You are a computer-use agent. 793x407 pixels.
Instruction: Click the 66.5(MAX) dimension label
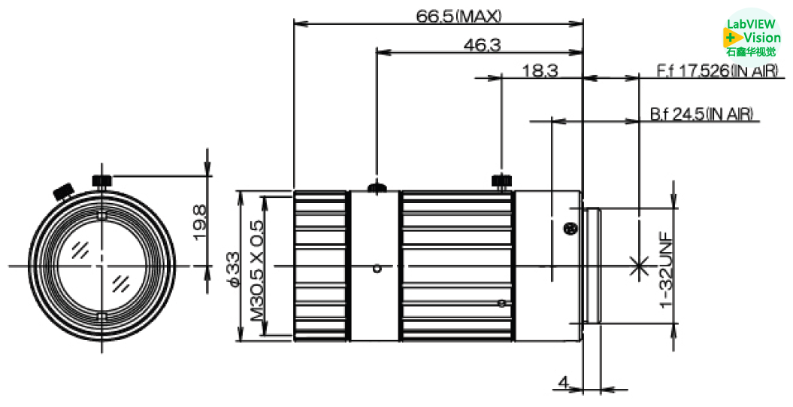click(x=459, y=16)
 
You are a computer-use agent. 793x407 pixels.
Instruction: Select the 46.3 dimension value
click(x=482, y=45)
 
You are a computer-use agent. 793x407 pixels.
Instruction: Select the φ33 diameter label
click(x=233, y=269)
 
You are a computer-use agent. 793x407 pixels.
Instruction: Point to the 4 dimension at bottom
click(x=563, y=383)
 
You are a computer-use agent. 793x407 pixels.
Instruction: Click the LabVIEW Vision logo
click(x=752, y=33)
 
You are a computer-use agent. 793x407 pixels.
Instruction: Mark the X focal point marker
click(x=639, y=265)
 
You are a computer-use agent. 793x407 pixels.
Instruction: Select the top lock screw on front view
click(x=102, y=181)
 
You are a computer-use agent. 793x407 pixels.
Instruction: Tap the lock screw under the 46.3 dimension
click(x=376, y=186)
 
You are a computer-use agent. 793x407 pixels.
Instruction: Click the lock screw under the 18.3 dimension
click(x=501, y=181)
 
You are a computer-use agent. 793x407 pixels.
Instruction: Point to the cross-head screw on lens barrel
click(x=569, y=229)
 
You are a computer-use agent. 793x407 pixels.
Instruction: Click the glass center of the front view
click(x=101, y=266)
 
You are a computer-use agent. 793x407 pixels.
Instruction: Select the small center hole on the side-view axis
click(x=378, y=268)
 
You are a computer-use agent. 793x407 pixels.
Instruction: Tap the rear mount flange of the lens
click(x=592, y=266)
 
